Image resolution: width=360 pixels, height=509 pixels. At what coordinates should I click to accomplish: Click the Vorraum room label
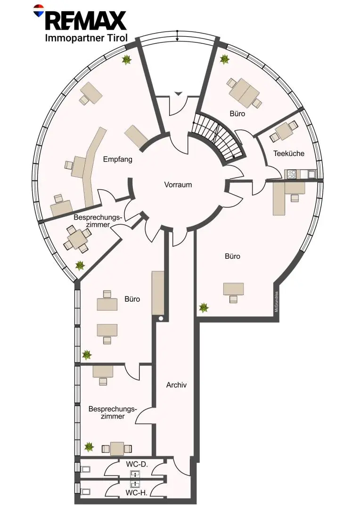tap(178, 185)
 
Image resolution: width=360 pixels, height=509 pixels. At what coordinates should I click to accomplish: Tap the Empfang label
tap(117, 159)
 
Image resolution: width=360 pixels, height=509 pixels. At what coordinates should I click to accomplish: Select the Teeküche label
tap(288, 153)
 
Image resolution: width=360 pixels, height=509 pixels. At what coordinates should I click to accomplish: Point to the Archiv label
tap(176, 385)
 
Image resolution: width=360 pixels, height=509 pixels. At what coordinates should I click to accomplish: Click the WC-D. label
tap(137, 465)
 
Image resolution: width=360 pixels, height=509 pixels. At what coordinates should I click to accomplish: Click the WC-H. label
tap(136, 493)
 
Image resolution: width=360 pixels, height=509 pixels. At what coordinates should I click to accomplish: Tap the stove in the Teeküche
tap(291, 174)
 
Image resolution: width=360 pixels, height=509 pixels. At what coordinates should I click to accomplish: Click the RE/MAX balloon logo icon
tap(39, 10)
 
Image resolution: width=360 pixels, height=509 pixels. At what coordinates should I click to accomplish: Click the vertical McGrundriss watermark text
tap(276, 302)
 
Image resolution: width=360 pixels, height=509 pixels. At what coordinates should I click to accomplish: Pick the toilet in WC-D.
tap(86, 469)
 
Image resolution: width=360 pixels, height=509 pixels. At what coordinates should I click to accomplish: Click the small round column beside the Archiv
tap(161, 319)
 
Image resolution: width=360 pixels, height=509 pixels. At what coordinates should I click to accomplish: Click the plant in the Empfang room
tap(126, 59)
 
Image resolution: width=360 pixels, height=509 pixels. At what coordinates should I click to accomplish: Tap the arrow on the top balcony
tap(177, 36)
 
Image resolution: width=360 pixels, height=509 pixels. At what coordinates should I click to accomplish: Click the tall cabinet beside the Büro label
tap(158, 293)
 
